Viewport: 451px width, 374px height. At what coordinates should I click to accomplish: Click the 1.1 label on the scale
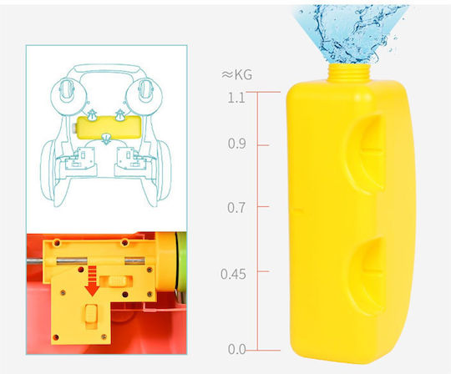click(236, 98)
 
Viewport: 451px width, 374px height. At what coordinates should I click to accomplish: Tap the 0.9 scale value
click(237, 144)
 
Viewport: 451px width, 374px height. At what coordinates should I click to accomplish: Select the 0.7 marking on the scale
click(236, 208)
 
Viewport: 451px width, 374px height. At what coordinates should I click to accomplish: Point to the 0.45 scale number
click(234, 274)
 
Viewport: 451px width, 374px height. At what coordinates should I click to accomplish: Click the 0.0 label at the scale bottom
click(237, 349)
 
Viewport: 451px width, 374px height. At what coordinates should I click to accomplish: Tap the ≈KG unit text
click(236, 75)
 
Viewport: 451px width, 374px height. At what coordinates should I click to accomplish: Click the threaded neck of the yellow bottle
click(349, 73)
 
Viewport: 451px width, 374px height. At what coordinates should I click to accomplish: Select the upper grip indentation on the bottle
click(366, 153)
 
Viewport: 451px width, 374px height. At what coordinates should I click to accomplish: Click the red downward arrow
click(93, 281)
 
